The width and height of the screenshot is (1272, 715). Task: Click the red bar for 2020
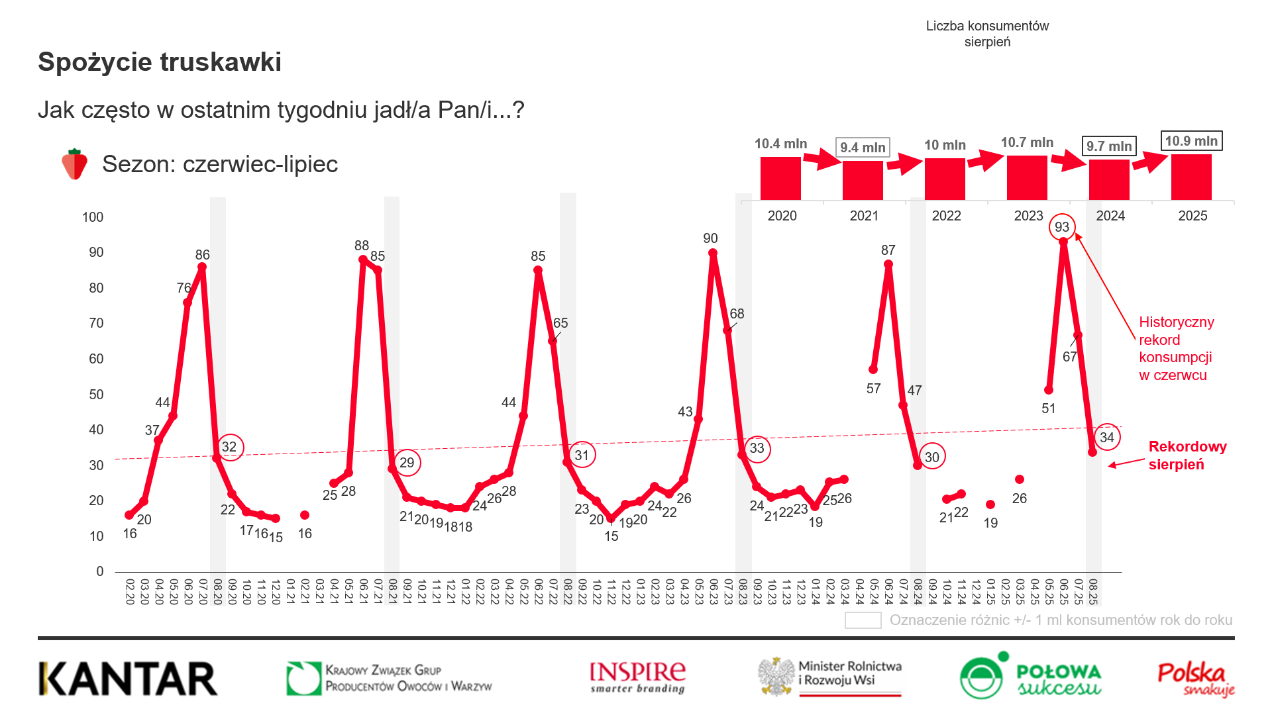pyautogui.click(x=780, y=178)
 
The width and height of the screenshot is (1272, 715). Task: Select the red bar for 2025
pyautogui.click(x=1191, y=177)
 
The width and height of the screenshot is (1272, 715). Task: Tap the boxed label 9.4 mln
pyautogui.click(x=863, y=147)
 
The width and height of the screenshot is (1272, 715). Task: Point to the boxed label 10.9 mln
pyautogui.click(x=1191, y=141)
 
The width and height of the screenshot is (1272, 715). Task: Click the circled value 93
pyautogui.click(x=1062, y=227)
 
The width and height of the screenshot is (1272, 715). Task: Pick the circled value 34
pyautogui.click(x=1107, y=437)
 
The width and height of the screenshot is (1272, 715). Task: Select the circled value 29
pyautogui.click(x=407, y=463)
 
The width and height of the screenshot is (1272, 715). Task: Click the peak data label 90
pyautogui.click(x=710, y=238)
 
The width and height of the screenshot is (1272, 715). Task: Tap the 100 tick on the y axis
pyautogui.click(x=93, y=217)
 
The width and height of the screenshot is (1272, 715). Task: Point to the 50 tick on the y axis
pyautogui.click(x=96, y=395)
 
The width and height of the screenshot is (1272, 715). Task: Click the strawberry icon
pyautogui.click(x=75, y=164)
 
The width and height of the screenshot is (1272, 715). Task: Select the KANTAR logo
pyautogui.click(x=128, y=679)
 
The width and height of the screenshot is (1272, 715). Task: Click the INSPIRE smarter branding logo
pyautogui.click(x=637, y=677)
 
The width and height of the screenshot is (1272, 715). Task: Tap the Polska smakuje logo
pyautogui.click(x=1196, y=679)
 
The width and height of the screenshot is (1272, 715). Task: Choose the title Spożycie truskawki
pyautogui.click(x=160, y=62)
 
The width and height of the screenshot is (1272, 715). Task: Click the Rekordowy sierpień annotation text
pyautogui.click(x=1187, y=455)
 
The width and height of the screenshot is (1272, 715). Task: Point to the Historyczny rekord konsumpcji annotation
pyautogui.click(x=1176, y=348)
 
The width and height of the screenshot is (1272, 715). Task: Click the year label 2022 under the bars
pyautogui.click(x=946, y=216)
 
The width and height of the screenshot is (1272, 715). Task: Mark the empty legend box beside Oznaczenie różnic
pyautogui.click(x=863, y=620)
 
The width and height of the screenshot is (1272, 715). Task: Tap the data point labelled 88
pyautogui.click(x=362, y=260)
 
